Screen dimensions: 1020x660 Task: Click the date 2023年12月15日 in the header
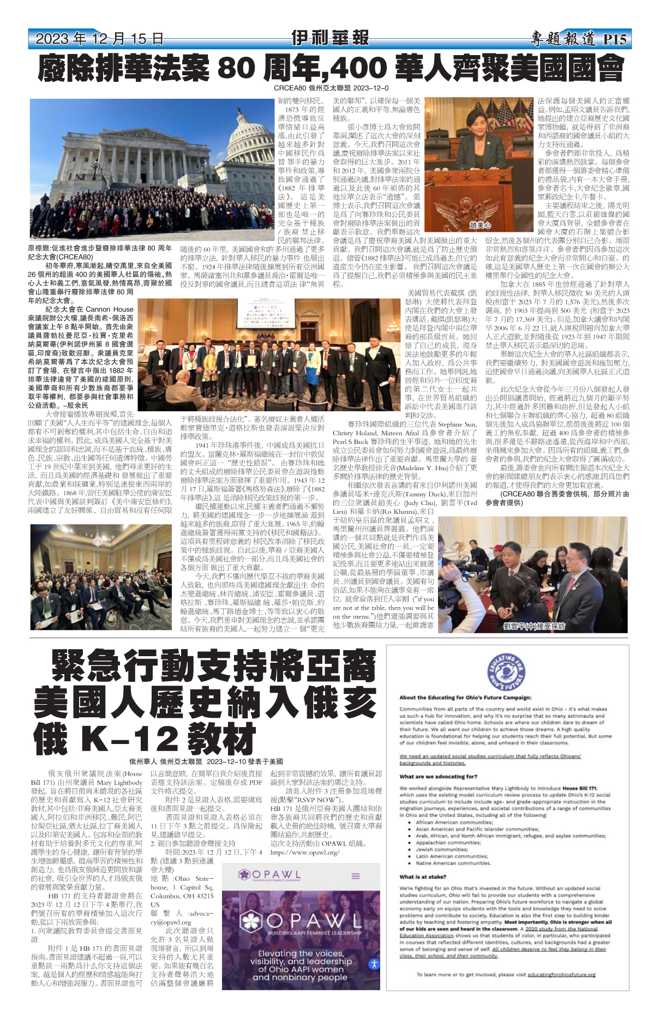tap(99, 39)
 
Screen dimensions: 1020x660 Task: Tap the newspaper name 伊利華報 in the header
tap(330, 38)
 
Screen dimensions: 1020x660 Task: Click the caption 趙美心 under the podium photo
tap(480, 225)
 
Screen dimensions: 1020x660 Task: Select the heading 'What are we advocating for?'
tap(438, 776)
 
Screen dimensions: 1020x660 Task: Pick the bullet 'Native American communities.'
tap(454, 863)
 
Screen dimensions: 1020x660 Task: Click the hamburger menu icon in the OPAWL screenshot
tap(356, 876)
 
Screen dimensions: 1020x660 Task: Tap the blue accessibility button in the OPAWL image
tap(374, 964)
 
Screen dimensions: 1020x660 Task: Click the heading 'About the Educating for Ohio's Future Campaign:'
tap(465, 698)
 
